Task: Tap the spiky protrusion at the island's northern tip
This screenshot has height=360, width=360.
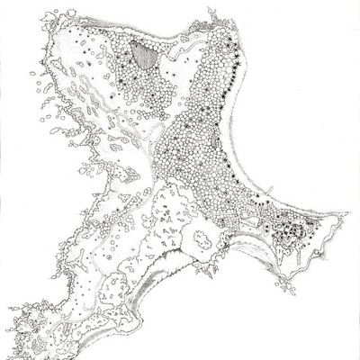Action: coord(212,13)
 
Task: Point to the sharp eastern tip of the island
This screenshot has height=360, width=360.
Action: coord(346,215)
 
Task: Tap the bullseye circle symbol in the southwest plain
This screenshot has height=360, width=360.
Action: coord(109,256)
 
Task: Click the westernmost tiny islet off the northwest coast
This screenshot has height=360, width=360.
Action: coord(32,73)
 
